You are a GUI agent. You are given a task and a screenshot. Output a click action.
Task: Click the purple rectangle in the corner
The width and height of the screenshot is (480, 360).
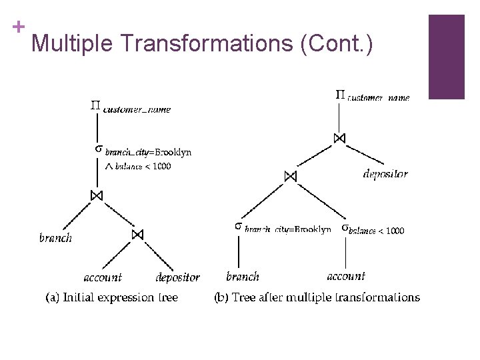pyautogui.click(x=446, y=57)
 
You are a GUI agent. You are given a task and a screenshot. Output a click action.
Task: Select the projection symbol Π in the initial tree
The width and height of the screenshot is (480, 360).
pyautogui.click(x=95, y=105)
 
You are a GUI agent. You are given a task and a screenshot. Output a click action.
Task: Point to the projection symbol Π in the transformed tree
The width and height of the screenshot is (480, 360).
pyautogui.click(x=339, y=95)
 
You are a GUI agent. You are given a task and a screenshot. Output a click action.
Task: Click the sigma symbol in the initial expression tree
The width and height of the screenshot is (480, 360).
pyautogui.click(x=97, y=149)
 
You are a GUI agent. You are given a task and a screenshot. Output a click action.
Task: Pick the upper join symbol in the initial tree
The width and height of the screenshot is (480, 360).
pyautogui.click(x=97, y=195)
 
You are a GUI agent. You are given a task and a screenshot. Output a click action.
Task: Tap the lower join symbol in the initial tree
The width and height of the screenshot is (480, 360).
pyautogui.click(x=137, y=235)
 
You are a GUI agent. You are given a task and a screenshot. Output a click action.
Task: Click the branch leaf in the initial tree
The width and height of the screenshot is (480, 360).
pyautogui.click(x=55, y=238)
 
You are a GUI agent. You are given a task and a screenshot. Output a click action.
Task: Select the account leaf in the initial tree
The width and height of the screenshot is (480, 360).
pyautogui.click(x=103, y=277)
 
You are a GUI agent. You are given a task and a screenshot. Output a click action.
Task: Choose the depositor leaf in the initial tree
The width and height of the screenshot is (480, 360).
pyautogui.click(x=177, y=277)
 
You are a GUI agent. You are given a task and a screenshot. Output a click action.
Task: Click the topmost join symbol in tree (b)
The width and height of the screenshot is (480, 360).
pyautogui.click(x=339, y=138)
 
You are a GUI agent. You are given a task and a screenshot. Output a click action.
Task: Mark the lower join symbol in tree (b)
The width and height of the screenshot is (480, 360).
pyautogui.click(x=289, y=177)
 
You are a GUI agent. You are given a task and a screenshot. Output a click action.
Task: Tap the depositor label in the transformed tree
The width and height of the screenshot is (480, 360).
pyautogui.click(x=385, y=174)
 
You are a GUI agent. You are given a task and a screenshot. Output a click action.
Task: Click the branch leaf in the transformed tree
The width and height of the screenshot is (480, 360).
pyautogui.click(x=243, y=277)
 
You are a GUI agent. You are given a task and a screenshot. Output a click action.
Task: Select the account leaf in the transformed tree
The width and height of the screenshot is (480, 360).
pyautogui.click(x=346, y=276)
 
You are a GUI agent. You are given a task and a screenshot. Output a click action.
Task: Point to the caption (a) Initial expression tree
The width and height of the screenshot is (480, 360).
pyautogui.click(x=111, y=297)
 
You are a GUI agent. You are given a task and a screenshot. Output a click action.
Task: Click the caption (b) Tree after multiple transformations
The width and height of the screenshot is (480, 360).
pyautogui.click(x=317, y=297)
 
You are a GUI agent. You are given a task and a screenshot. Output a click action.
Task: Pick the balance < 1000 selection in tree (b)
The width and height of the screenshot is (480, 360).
pyautogui.click(x=373, y=229)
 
